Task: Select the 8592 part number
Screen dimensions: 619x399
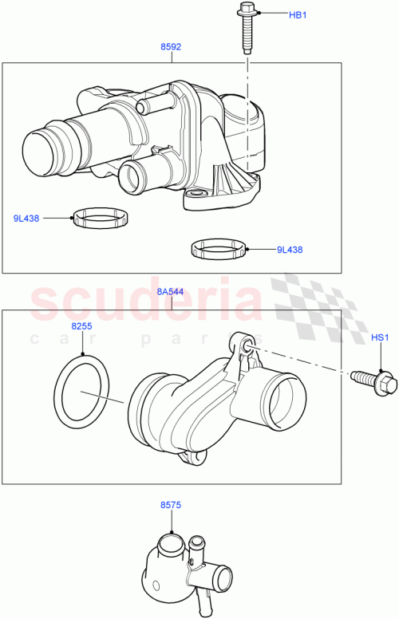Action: pos(171,47)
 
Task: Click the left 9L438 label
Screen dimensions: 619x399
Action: pos(28,217)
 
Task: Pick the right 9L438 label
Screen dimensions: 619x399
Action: pos(289,250)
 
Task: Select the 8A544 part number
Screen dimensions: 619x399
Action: pos(170,292)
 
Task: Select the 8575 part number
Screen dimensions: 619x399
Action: pos(171,504)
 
